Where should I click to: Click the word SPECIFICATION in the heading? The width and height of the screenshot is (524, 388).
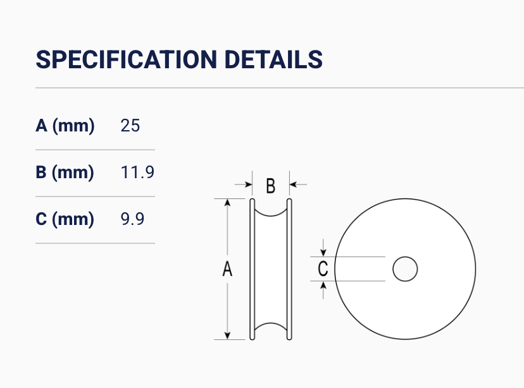point(127,60)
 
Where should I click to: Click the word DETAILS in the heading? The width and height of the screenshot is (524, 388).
point(273,60)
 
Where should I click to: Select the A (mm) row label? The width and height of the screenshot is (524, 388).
point(65,126)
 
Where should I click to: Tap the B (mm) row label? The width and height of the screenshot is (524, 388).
point(65,173)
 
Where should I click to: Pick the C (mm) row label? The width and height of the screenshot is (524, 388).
point(65,219)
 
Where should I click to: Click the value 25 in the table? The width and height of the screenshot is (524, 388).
point(130,126)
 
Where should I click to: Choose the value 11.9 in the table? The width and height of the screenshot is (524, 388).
point(137,173)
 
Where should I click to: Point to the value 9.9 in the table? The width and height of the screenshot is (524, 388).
point(132,219)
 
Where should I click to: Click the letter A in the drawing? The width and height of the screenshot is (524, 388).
point(227,269)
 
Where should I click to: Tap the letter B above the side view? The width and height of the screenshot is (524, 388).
point(271,186)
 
